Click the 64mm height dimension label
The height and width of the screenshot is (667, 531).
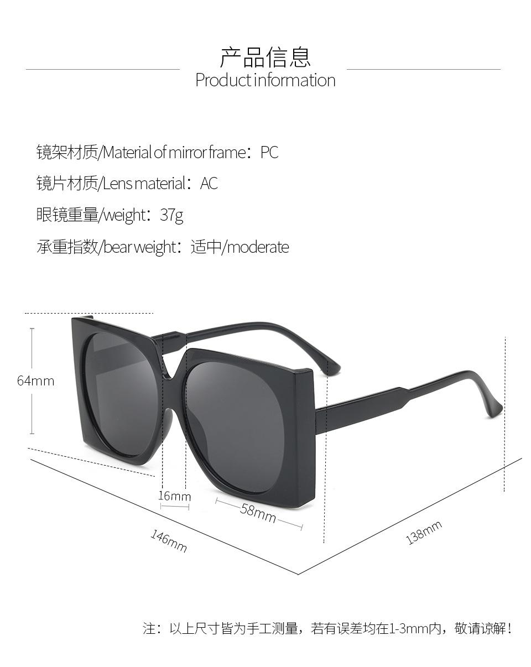click(x=36, y=381)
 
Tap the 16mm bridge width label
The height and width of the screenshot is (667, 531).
click(x=174, y=496)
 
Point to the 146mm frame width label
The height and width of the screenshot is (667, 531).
click(x=169, y=540)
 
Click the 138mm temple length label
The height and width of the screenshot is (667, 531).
click(x=424, y=533)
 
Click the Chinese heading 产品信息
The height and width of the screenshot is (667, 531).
click(x=265, y=57)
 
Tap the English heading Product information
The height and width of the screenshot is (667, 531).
click(x=265, y=80)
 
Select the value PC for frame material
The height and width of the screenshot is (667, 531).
click(x=269, y=152)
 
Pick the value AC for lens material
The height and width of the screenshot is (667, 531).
click(x=209, y=183)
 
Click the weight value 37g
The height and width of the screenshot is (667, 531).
click(x=171, y=215)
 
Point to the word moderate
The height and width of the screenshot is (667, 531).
click(x=258, y=247)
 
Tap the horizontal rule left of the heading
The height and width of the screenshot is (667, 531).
click(x=102, y=69)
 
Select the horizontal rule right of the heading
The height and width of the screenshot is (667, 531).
click(x=423, y=69)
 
